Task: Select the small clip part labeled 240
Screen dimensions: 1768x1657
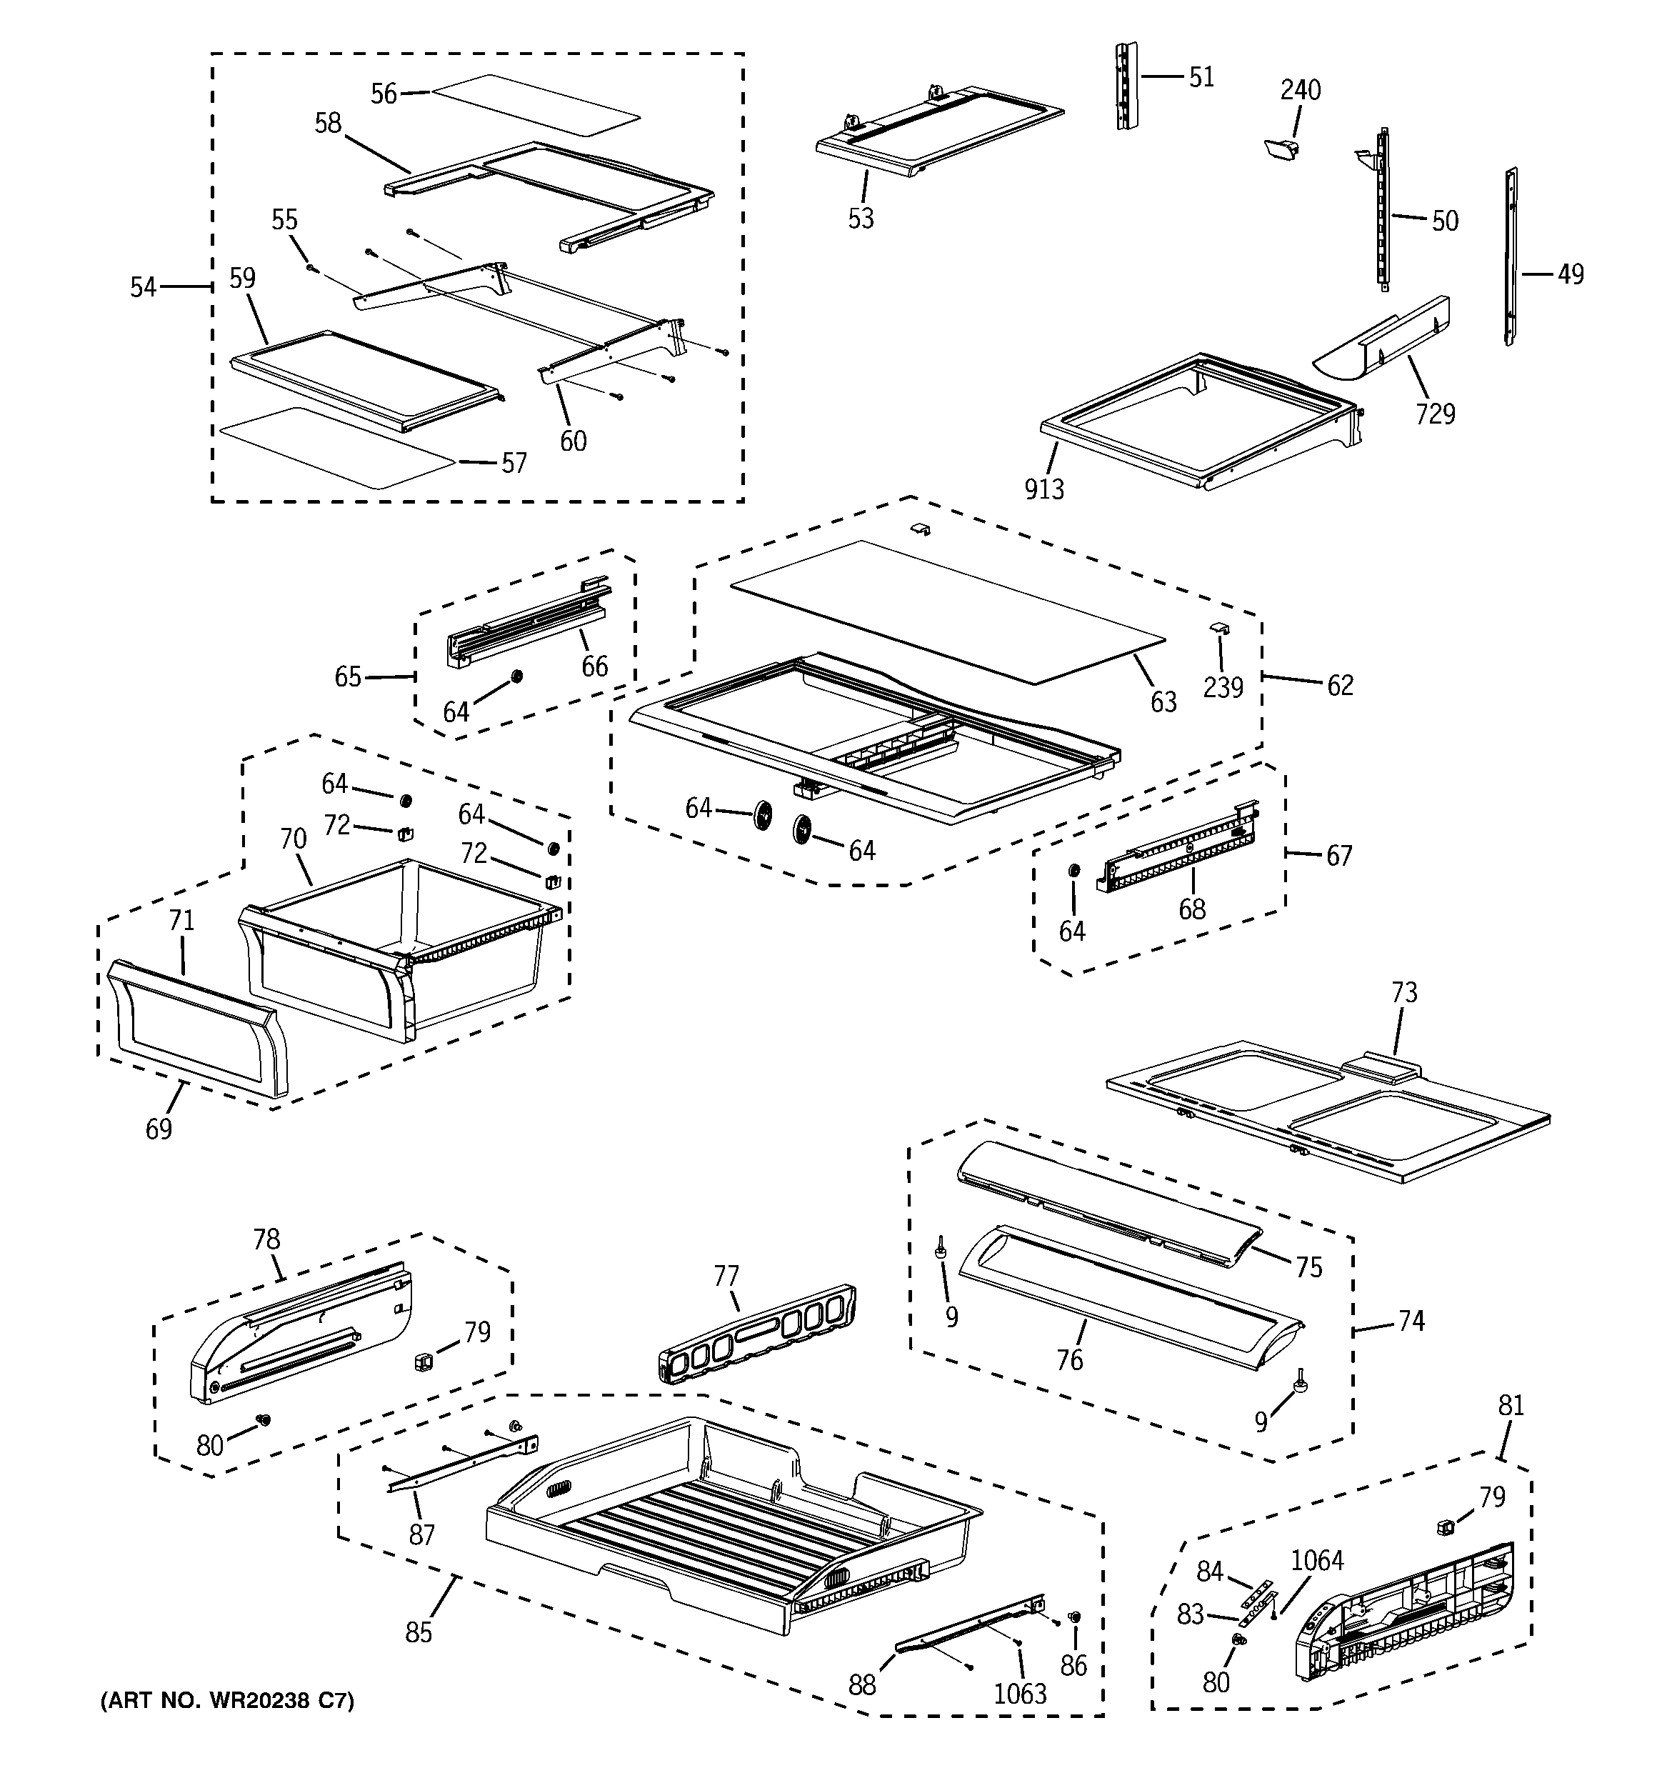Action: tap(1280, 150)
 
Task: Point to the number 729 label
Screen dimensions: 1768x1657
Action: tap(1435, 414)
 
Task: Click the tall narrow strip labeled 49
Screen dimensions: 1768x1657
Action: tap(1511, 258)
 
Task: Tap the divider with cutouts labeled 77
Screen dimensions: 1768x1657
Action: tap(756, 1334)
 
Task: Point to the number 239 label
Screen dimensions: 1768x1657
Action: tap(1223, 686)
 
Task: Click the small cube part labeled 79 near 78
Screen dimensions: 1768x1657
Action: tap(424, 1362)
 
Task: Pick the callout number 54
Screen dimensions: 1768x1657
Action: tap(142, 287)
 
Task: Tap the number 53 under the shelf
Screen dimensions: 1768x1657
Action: tap(860, 219)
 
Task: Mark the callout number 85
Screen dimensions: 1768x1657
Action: tap(418, 1633)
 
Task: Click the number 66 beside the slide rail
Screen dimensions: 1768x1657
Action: tap(594, 666)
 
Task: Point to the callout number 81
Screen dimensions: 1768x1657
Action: tap(1511, 1405)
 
